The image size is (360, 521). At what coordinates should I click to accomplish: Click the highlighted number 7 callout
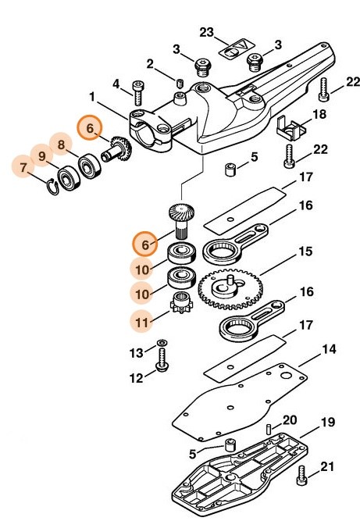point(24,166)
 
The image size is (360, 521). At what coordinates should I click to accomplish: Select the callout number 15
point(305,253)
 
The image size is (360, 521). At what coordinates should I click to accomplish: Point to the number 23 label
point(206,31)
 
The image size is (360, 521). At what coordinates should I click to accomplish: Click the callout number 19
point(328,423)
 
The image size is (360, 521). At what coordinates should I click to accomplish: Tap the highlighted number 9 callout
point(43,152)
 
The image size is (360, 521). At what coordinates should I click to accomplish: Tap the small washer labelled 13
point(162,344)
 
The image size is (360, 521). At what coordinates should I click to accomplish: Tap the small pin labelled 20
point(268,429)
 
